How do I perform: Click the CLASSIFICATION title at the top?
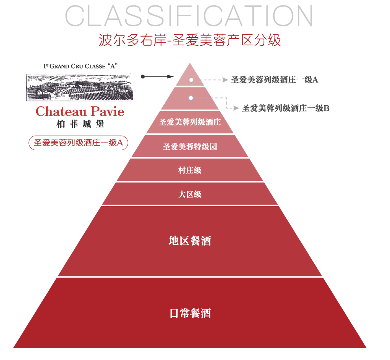tap(189, 16)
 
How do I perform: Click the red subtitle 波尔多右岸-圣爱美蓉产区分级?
tap(190, 40)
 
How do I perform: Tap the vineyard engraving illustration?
tap(80, 87)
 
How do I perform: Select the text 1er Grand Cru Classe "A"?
tap(80, 67)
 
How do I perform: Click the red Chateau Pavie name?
tap(80, 112)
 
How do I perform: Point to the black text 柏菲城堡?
tap(80, 124)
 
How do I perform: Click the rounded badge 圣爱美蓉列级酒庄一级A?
tap(78, 143)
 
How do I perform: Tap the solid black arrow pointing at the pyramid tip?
tap(158, 76)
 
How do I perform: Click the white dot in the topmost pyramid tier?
tap(191, 80)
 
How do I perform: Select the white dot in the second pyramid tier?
tap(191, 97)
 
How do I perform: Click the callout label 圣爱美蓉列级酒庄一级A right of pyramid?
tap(275, 80)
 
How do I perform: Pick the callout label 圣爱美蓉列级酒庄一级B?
tap(286, 108)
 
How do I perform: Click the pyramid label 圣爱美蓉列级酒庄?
tap(190, 122)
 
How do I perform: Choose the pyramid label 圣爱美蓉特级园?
tap(190, 147)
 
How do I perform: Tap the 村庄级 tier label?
tap(190, 170)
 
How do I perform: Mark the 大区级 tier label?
tap(190, 194)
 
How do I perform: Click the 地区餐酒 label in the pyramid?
tap(190, 241)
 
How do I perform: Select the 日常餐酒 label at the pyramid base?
tap(190, 313)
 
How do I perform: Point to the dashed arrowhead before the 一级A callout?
tap(226, 80)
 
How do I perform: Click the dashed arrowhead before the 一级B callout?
tap(236, 108)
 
